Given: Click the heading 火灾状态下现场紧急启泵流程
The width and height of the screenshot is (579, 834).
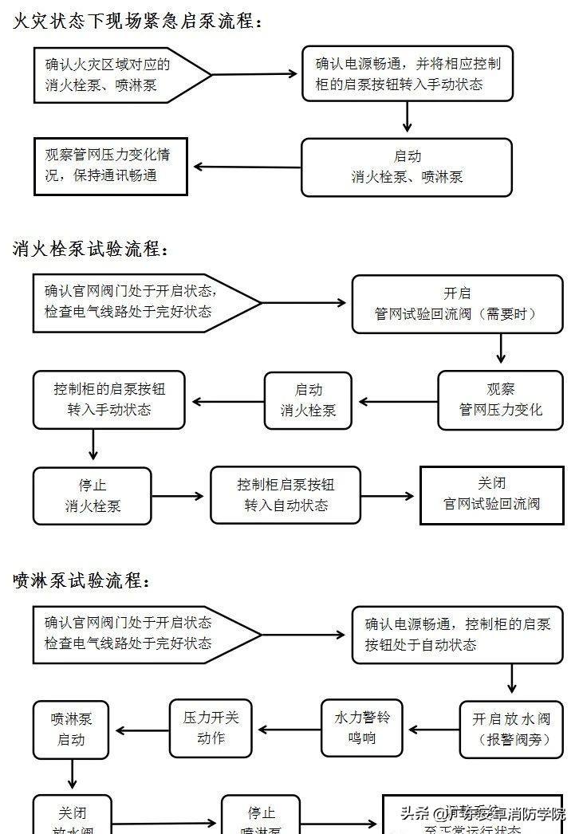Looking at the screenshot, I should click(137, 22).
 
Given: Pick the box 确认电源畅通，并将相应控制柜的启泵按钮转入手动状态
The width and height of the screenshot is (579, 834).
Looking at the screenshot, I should click(407, 73).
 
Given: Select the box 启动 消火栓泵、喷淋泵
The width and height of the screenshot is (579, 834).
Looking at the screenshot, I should click(407, 167).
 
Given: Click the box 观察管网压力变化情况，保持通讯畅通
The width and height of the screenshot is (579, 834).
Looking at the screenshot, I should click(110, 166).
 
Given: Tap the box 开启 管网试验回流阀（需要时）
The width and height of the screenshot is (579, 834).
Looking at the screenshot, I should click(457, 304).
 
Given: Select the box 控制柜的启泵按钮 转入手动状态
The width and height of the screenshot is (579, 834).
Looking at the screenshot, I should click(109, 399).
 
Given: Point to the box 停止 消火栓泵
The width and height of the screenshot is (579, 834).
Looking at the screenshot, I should click(93, 495).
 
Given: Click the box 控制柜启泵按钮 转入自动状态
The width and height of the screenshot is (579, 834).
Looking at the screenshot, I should click(286, 495).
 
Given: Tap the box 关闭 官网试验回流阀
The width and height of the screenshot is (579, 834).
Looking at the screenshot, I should click(491, 494).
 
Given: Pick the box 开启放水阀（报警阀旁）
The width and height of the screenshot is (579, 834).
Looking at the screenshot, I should click(511, 730).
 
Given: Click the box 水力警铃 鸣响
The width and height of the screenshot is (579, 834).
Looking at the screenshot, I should click(362, 728).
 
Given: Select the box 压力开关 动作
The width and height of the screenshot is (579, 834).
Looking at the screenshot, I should click(211, 728).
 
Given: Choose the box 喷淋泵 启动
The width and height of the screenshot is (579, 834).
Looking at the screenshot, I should click(70, 730).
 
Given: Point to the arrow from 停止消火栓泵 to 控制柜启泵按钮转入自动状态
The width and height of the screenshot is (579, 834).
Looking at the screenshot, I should click(180, 496).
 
